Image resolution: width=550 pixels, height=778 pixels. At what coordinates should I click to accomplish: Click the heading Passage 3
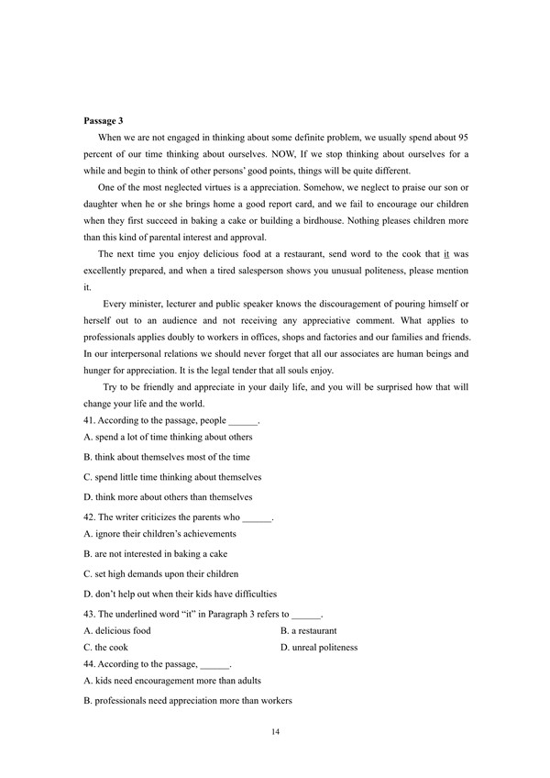pos(103,120)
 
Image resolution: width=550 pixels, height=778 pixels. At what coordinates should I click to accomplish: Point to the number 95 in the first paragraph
pos(460,137)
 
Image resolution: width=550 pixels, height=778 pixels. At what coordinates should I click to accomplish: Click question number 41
pos(89,420)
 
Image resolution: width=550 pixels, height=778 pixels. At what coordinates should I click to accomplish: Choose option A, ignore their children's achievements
pos(159,534)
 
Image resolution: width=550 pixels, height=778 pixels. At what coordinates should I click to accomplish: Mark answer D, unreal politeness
pos(318,647)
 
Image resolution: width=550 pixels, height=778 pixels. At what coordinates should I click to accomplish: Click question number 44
pos(89,663)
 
